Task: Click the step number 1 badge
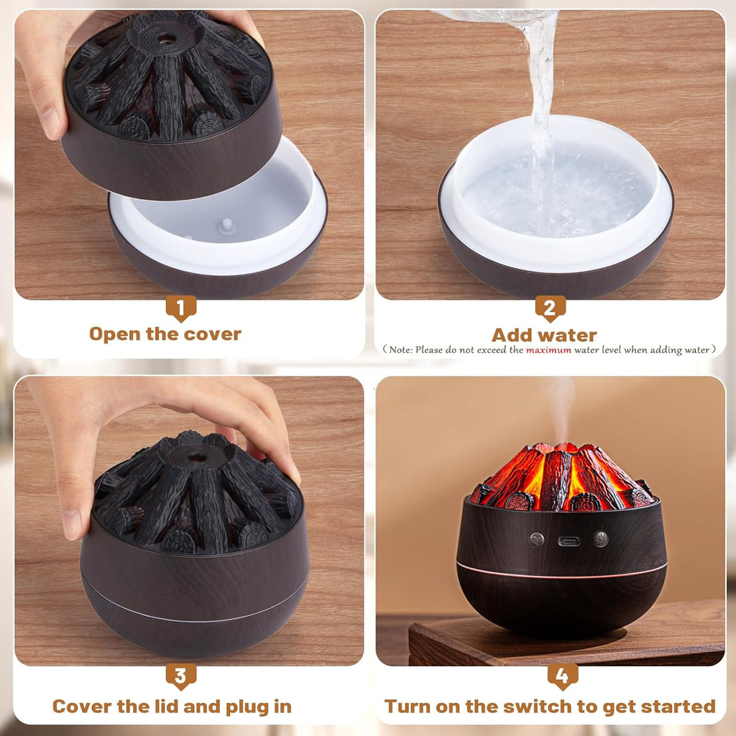(x=180, y=308)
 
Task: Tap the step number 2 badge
(x=550, y=308)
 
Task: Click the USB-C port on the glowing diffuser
(x=569, y=540)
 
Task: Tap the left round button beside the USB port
(x=536, y=539)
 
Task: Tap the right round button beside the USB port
(x=601, y=539)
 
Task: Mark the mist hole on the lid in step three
(x=193, y=454)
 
